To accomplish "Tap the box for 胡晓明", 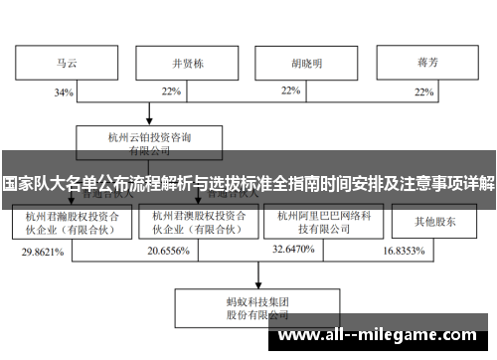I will (x=305, y=63).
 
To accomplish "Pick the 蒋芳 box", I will (x=428, y=63).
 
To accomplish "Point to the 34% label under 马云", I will (x=63, y=92).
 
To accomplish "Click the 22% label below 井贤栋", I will (x=171, y=91).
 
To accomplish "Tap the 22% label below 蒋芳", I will (x=425, y=91).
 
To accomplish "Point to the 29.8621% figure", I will (x=43, y=253).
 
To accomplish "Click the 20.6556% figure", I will (x=169, y=253).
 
